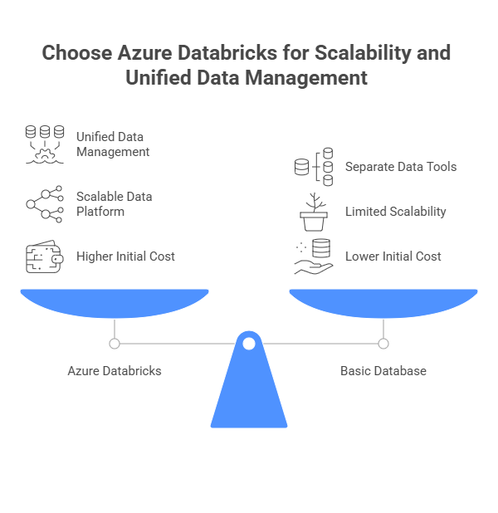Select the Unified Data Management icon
tap(45, 144)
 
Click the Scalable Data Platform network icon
tap(45, 204)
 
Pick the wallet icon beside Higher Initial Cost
tap(45, 256)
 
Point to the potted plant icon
tap(314, 212)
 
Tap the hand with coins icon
tap(314, 256)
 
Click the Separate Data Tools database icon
tap(314, 167)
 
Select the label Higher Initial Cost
tap(125, 256)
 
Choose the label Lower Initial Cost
tap(393, 256)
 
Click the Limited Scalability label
tap(396, 212)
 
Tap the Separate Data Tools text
tap(401, 167)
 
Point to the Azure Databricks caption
tap(115, 371)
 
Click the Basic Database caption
tap(383, 371)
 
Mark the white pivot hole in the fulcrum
tap(249, 344)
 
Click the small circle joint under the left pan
tap(115, 344)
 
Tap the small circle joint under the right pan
tap(383, 344)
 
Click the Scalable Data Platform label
tap(115, 204)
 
